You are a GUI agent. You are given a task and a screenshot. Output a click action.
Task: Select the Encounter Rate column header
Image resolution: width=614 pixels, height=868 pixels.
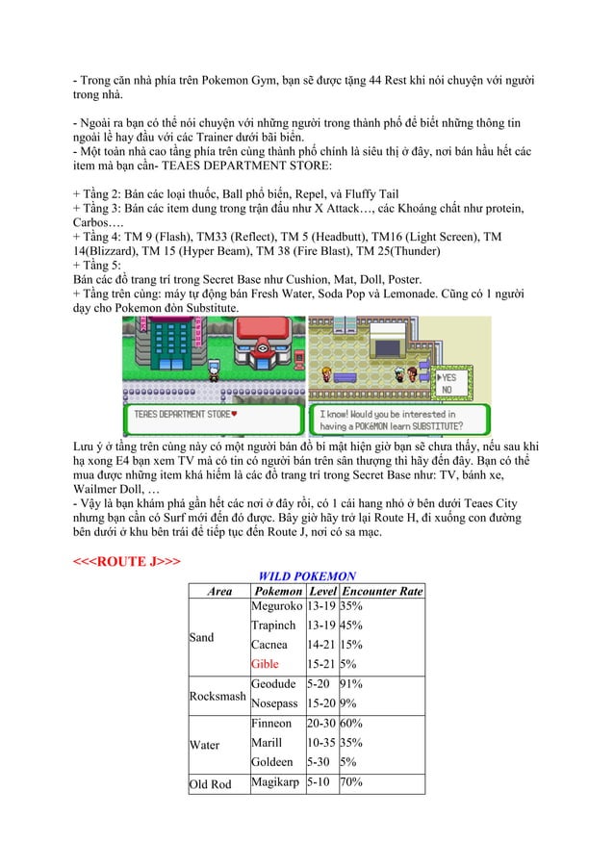coord(383,591)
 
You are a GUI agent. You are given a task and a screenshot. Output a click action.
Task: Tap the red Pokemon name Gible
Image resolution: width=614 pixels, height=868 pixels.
coord(265,664)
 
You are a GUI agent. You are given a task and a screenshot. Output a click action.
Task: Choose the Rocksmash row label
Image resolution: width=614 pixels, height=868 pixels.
coord(217,695)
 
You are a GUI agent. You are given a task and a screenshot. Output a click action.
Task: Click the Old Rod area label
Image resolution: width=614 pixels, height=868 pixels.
coord(211,784)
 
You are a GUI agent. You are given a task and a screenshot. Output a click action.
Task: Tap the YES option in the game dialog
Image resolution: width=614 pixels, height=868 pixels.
coord(448,378)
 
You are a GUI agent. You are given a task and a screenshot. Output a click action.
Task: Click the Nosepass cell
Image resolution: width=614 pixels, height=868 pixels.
coord(274,704)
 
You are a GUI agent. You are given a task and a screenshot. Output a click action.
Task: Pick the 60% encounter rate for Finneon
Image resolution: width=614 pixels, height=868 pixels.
coord(352,724)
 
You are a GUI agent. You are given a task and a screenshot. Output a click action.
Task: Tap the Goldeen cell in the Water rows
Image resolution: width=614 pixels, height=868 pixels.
coord(272,762)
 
